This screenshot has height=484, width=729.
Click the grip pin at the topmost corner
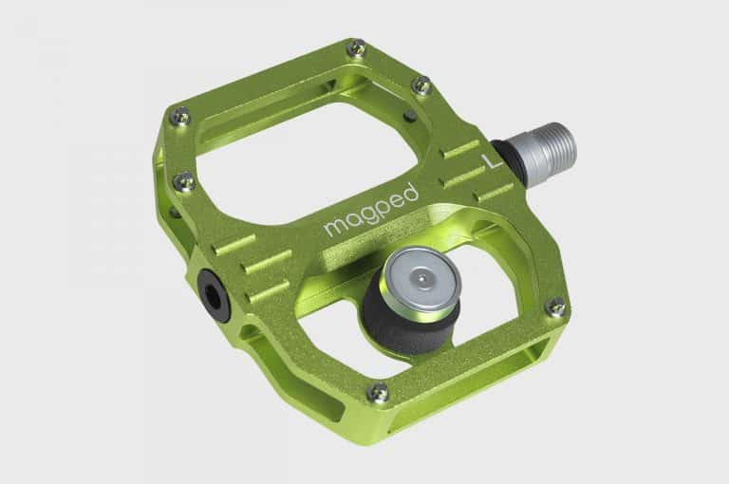(357, 47)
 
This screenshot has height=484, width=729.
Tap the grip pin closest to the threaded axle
(423, 86)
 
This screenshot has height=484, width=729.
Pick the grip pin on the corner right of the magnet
(557, 307)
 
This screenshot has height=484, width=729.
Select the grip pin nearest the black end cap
(186, 180)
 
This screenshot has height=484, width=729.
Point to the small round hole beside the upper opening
(408, 117)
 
